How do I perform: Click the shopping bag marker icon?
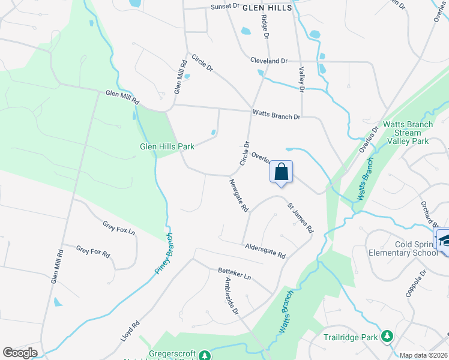281,172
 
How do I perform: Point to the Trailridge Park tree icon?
387,337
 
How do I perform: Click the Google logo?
20,353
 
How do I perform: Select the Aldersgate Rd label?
265,251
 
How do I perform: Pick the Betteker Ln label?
234,274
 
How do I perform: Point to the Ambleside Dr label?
231,296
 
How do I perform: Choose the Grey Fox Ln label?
118,227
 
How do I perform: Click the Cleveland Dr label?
269,61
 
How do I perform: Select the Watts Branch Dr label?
276,113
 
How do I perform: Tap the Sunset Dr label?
224,7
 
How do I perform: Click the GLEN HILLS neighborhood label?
267,8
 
